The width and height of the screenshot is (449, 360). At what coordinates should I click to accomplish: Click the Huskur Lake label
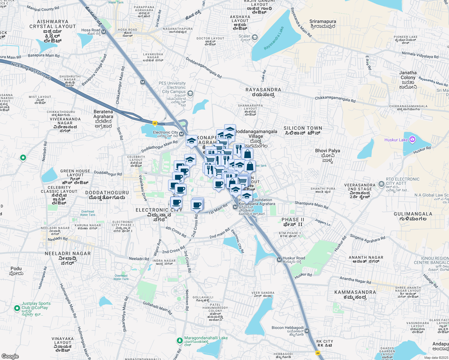[396, 140]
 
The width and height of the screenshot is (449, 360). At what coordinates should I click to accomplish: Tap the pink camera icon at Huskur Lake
[412, 139]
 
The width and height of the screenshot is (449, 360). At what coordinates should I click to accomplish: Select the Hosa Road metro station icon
[104, 32]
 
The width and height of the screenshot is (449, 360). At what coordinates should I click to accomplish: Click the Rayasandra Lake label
[274, 38]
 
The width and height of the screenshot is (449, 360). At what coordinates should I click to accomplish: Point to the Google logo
[10, 356]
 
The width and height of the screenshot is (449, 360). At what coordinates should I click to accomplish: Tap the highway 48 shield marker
[155, 123]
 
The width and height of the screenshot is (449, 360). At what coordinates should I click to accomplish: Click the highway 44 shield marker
[318, 353]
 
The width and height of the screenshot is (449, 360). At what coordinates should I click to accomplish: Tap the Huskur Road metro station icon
[279, 259]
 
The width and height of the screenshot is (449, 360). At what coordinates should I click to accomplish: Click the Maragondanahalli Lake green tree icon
[179, 340]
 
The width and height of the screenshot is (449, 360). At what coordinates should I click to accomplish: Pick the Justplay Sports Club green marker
[17, 308]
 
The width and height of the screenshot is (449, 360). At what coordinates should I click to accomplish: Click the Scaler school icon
[255, 37]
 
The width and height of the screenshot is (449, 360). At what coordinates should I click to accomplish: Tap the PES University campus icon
[190, 94]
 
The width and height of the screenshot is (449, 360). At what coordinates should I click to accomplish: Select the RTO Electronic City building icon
[381, 183]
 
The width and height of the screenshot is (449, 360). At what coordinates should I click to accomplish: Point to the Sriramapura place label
[323, 22]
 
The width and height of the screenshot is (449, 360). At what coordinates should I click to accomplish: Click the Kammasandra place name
[355, 292]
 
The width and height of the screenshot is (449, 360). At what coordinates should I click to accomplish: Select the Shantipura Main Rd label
[311, 205]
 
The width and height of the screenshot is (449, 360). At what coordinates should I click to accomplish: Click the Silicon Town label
[303, 128]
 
